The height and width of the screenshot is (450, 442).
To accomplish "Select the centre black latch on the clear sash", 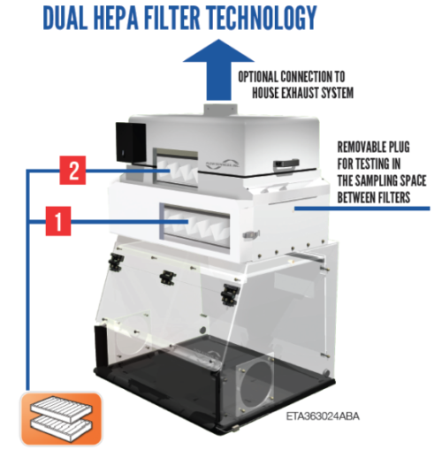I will (x=166, y=277).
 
